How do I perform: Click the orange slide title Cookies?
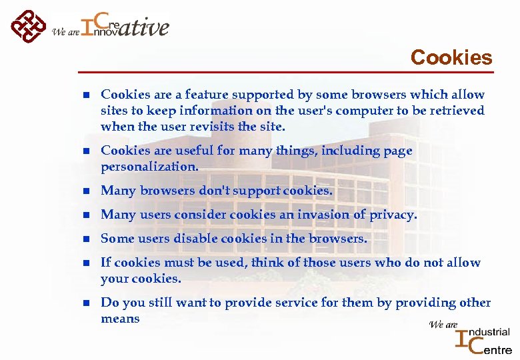click(x=451, y=57)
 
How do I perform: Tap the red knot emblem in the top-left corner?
click(x=29, y=26)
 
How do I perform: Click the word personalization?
click(x=149, y=167)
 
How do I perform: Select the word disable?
click(x=197, y=239)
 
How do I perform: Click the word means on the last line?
click(x=120, y=319)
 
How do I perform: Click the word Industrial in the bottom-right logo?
click(x=489, y=332)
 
